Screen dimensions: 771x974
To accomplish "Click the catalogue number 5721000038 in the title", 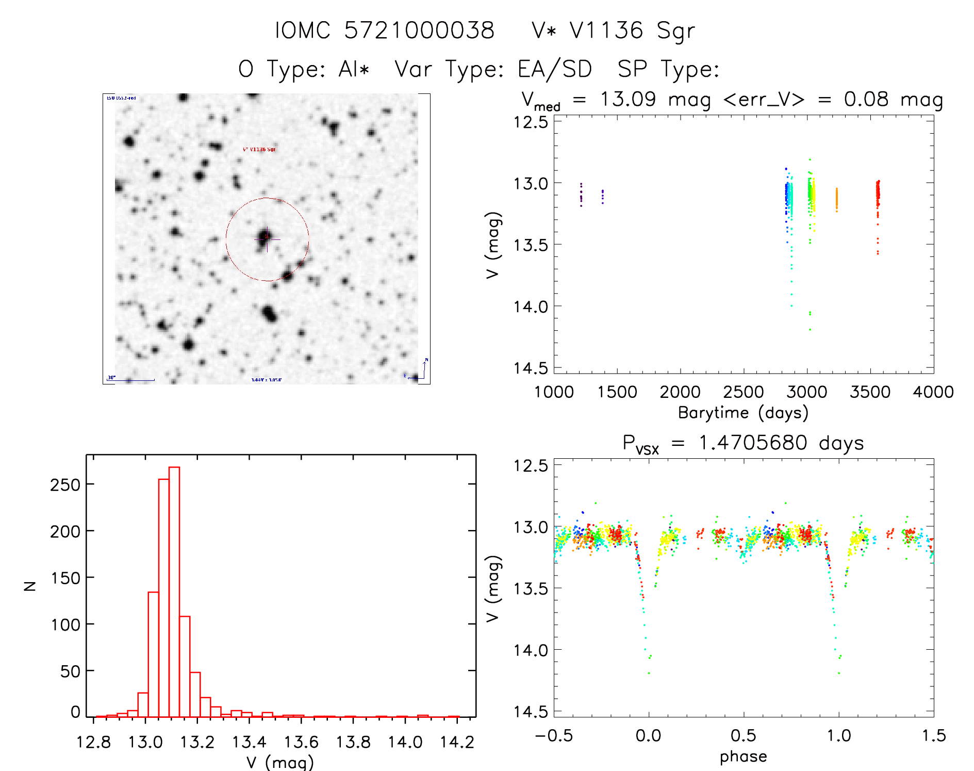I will point(419,30).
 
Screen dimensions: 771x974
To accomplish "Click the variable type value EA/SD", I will point(555,69).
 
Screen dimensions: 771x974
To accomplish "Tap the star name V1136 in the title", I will point(606,30).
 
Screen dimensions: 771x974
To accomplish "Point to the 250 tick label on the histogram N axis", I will point(65,485).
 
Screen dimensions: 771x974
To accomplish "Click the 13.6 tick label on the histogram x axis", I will point(301,742).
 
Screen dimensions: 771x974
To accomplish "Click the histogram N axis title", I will point(30,585).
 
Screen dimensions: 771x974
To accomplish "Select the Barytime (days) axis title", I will point(743,413).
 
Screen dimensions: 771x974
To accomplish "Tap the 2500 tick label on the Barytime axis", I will point(743,392).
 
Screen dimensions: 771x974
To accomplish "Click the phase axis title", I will point(743,757).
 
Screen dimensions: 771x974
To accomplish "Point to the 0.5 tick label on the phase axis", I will point(743,735).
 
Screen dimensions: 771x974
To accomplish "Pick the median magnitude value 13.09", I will point(628,99).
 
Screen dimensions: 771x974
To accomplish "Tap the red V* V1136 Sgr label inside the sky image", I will point(259,150).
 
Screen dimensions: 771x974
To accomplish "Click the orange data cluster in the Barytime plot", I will point(836,199).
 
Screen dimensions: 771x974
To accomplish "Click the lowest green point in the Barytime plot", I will point(810,329).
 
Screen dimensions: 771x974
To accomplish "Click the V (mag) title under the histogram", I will point(280,762).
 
